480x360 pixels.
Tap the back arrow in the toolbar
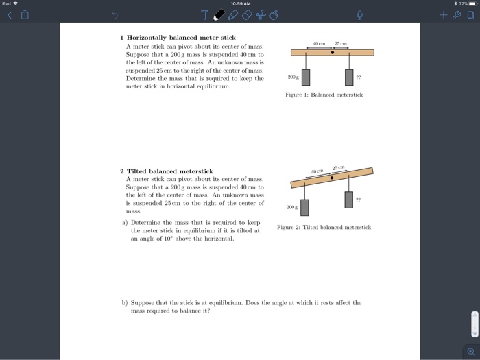tap(9, 15)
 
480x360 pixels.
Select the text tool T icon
tap(204, 15)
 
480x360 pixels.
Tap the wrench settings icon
tap(456, 14)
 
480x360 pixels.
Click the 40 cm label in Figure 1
tap(318, 44)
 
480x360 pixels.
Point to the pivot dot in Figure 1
tap(333, 52)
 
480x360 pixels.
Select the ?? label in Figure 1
tap(360, 78)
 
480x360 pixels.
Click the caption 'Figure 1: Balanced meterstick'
tap(324, 95)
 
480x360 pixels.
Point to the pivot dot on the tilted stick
tap(333, 178)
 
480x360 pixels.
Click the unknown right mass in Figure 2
tap(348, 200)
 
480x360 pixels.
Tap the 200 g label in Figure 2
tap(291, 205)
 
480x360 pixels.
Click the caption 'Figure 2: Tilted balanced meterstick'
tap(324, 227)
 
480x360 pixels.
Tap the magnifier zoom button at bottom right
tap(470, 350)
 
